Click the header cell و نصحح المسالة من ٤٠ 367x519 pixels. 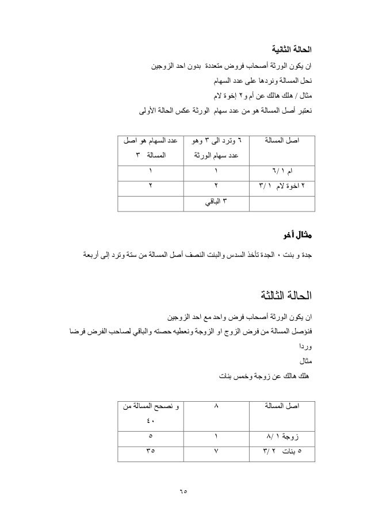(151, 413)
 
